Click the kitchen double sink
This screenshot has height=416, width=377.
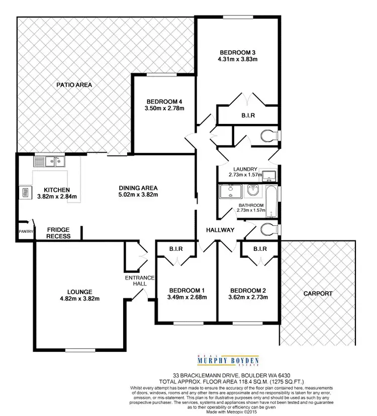48,161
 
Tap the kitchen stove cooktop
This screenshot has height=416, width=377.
24,193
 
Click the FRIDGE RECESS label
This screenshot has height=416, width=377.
58,233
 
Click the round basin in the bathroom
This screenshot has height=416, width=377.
253,191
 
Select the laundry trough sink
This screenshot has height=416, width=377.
270,176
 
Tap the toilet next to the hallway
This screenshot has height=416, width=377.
269,230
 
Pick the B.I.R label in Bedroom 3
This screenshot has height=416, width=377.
247,115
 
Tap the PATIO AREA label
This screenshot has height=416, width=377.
74,85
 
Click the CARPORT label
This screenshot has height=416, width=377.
318,294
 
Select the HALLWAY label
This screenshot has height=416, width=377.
220,230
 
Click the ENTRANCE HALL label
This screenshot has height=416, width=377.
136,280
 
